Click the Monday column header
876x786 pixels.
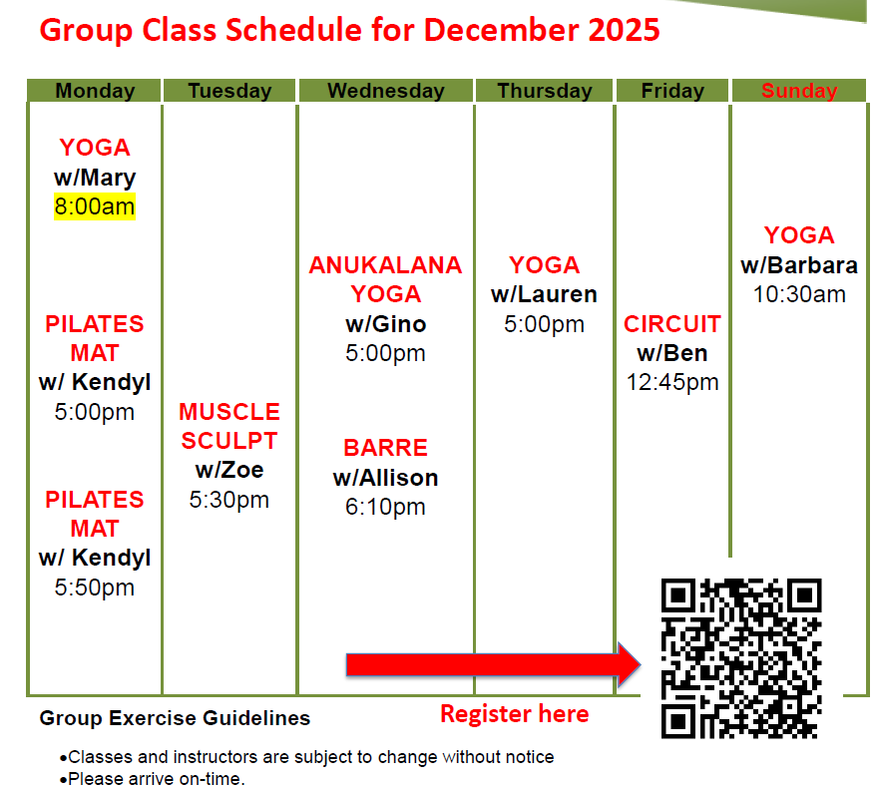[95, 91]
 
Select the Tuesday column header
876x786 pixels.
[229, 91]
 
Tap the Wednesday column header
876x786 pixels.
[385, 91]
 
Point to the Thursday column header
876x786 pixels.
[545, 91]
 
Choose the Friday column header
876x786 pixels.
[672, 91]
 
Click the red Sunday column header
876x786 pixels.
[799, 91]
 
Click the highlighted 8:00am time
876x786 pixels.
[95, 207]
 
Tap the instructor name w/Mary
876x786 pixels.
[95, 179]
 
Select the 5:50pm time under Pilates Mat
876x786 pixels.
[95, 588]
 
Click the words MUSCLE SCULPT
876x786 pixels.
[229, 426]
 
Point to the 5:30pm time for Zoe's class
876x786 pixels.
[229, 500]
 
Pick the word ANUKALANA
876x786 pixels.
[385, 265]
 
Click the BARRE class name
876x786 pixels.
[385, 448]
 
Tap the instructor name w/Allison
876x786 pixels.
[385, 478]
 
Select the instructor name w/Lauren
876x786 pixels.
[545, 295]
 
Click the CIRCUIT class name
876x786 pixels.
[672, 324]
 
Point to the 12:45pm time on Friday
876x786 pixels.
[672, 383]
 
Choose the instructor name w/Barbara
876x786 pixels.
[799, 266]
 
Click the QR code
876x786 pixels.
[741, 657]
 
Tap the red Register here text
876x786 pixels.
[514, 714]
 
